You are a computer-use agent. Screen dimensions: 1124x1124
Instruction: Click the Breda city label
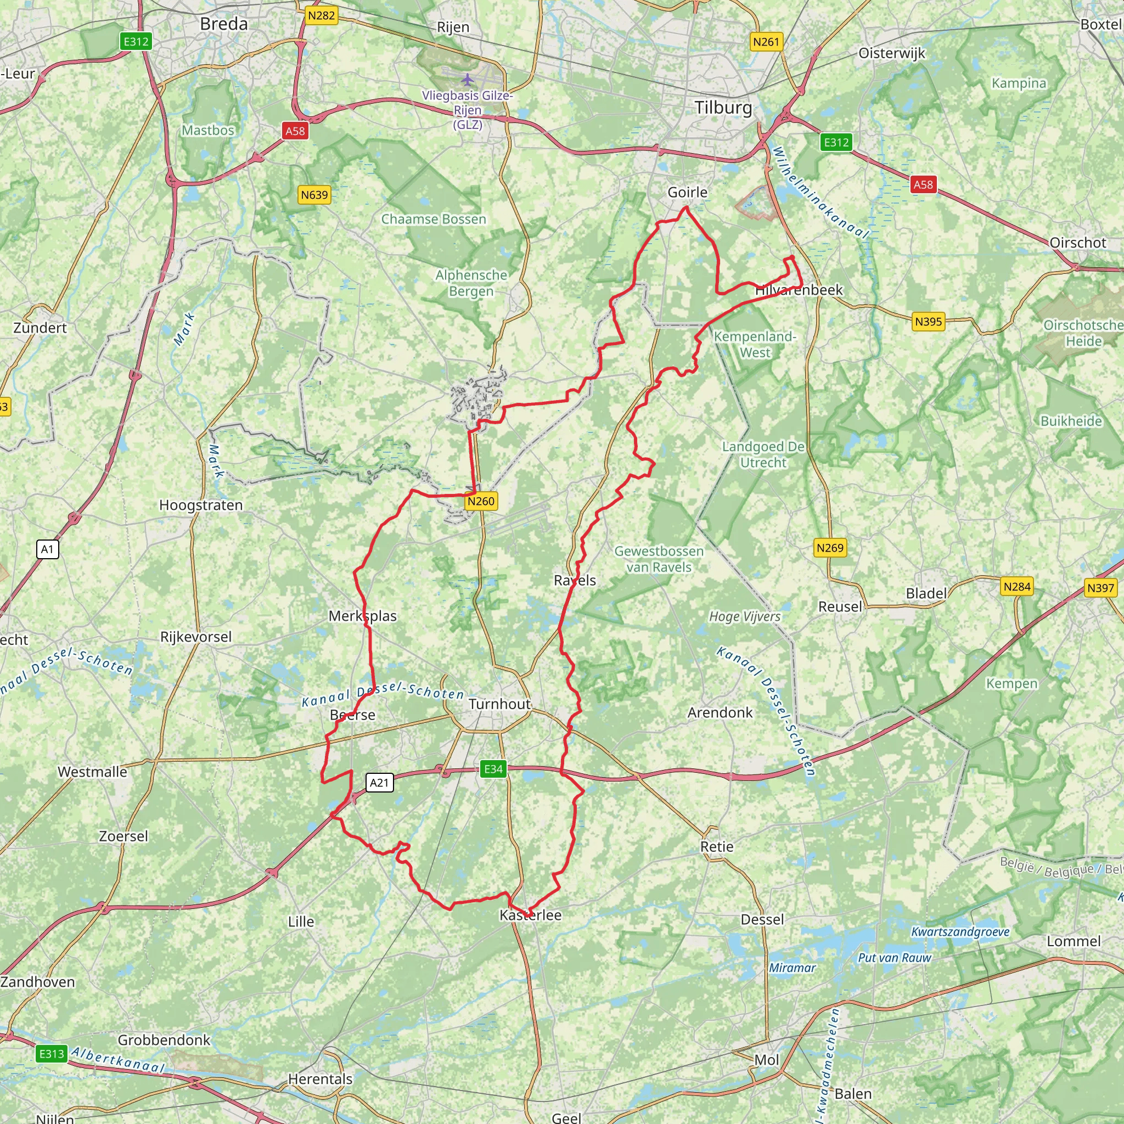223,24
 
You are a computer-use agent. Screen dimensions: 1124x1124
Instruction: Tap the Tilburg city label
723,108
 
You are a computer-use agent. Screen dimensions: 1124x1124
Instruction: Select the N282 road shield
321,15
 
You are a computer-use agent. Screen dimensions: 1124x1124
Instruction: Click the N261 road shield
766,42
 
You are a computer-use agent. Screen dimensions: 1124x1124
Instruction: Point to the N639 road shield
314,195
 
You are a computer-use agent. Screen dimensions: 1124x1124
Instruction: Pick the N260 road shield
481,501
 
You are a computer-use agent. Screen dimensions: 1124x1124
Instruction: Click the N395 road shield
928,322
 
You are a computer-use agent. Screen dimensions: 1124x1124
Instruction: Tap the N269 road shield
830,547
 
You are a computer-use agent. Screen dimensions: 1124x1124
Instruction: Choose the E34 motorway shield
493,769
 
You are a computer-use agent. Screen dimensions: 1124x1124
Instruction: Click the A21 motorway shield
379,783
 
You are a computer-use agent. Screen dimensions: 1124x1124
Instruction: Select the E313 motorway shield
52,1054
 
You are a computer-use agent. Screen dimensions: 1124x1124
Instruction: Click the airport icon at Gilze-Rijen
467,78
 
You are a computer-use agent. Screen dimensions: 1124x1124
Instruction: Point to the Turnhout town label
500,704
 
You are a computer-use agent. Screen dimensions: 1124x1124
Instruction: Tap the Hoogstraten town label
201,505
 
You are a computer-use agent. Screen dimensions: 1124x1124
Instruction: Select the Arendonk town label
720,713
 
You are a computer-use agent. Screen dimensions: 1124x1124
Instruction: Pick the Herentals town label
320,1079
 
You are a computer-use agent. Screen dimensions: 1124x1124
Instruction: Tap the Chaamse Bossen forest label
434,220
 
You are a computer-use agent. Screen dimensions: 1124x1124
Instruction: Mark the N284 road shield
1016,587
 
